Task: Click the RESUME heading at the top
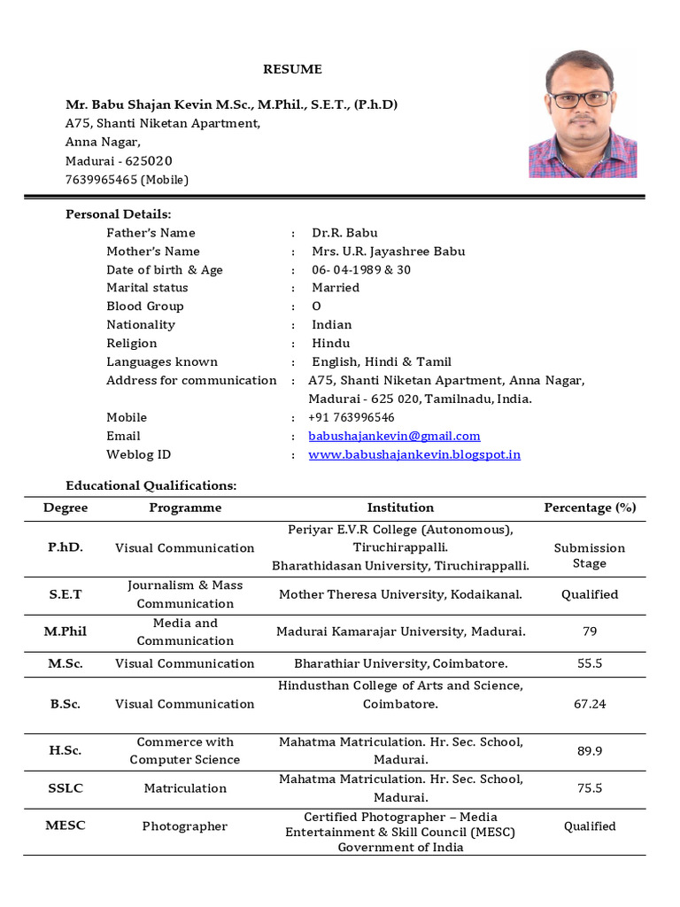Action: point(291,69)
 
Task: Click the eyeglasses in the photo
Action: point(581,99)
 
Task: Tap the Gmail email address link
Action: point(394,436)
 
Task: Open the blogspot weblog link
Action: point(413,454)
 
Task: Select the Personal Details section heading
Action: point(119,214)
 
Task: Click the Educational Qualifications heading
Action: point(151,485)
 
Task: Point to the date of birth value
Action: point(361,270)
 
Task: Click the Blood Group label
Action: point(145,306)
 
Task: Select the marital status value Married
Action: point(336,288)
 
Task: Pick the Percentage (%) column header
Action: point(590,508)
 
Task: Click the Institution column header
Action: point(400,508)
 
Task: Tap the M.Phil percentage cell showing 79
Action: point(590,632)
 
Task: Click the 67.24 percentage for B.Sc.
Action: point(590,704)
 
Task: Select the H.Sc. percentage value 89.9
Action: point(590,751)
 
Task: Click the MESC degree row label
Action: point(66,826)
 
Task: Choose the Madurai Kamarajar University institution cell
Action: point(400,632)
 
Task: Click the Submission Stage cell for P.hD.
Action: point(590,555)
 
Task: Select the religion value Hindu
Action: point(331,344)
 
